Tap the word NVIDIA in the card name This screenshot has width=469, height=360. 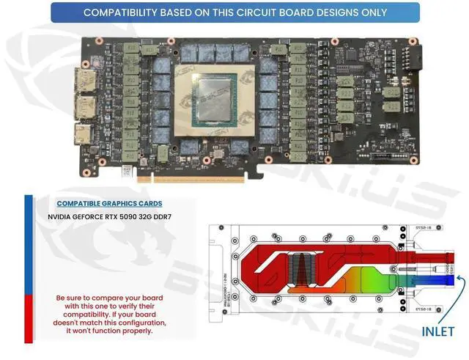point(64,217)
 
